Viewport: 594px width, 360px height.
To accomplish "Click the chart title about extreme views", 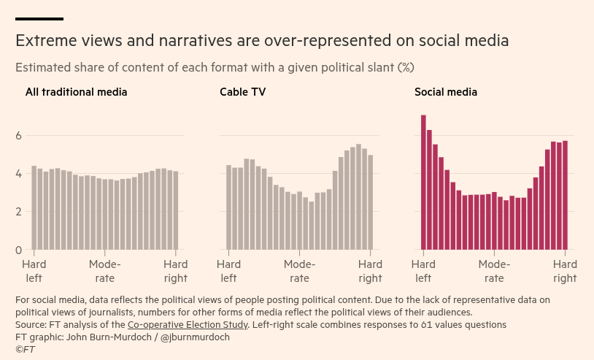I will coord(262,40).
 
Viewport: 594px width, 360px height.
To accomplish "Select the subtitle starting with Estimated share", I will coord(215,68).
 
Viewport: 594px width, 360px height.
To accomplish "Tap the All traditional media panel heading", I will coord(76,92).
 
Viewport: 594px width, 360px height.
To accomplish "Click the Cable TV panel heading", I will coord(242,92).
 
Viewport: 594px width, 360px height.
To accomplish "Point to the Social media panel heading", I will coord(446,92).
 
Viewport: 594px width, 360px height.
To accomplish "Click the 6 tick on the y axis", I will coord(18,136).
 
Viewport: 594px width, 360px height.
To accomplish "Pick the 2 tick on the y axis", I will coord(18,212).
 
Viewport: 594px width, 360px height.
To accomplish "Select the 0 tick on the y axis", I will coord(18,250).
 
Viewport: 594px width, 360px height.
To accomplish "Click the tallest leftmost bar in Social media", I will coord(423,183).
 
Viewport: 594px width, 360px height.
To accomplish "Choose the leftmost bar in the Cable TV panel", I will coord(228,207).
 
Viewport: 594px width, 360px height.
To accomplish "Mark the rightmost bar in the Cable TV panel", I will coord(371,202).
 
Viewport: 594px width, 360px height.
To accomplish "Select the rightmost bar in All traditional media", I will coord(176,211).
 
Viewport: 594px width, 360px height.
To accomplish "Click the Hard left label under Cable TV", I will coord(228,271).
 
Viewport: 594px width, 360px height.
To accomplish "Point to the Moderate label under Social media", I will coord(494,271).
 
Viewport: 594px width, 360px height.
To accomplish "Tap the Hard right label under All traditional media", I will coord(176,271).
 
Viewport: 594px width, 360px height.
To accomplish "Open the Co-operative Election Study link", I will coord(188,324).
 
